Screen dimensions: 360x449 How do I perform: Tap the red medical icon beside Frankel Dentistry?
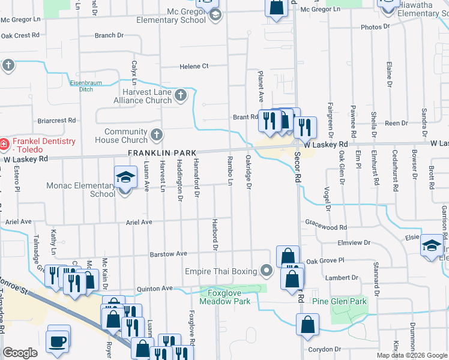3,144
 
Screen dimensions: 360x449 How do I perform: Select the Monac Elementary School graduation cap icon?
125,178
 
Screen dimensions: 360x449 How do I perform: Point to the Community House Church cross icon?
156,135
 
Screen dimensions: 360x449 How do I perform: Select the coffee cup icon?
58,341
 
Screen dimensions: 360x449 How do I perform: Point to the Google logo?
20,353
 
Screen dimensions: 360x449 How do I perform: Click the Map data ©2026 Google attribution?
411,355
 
